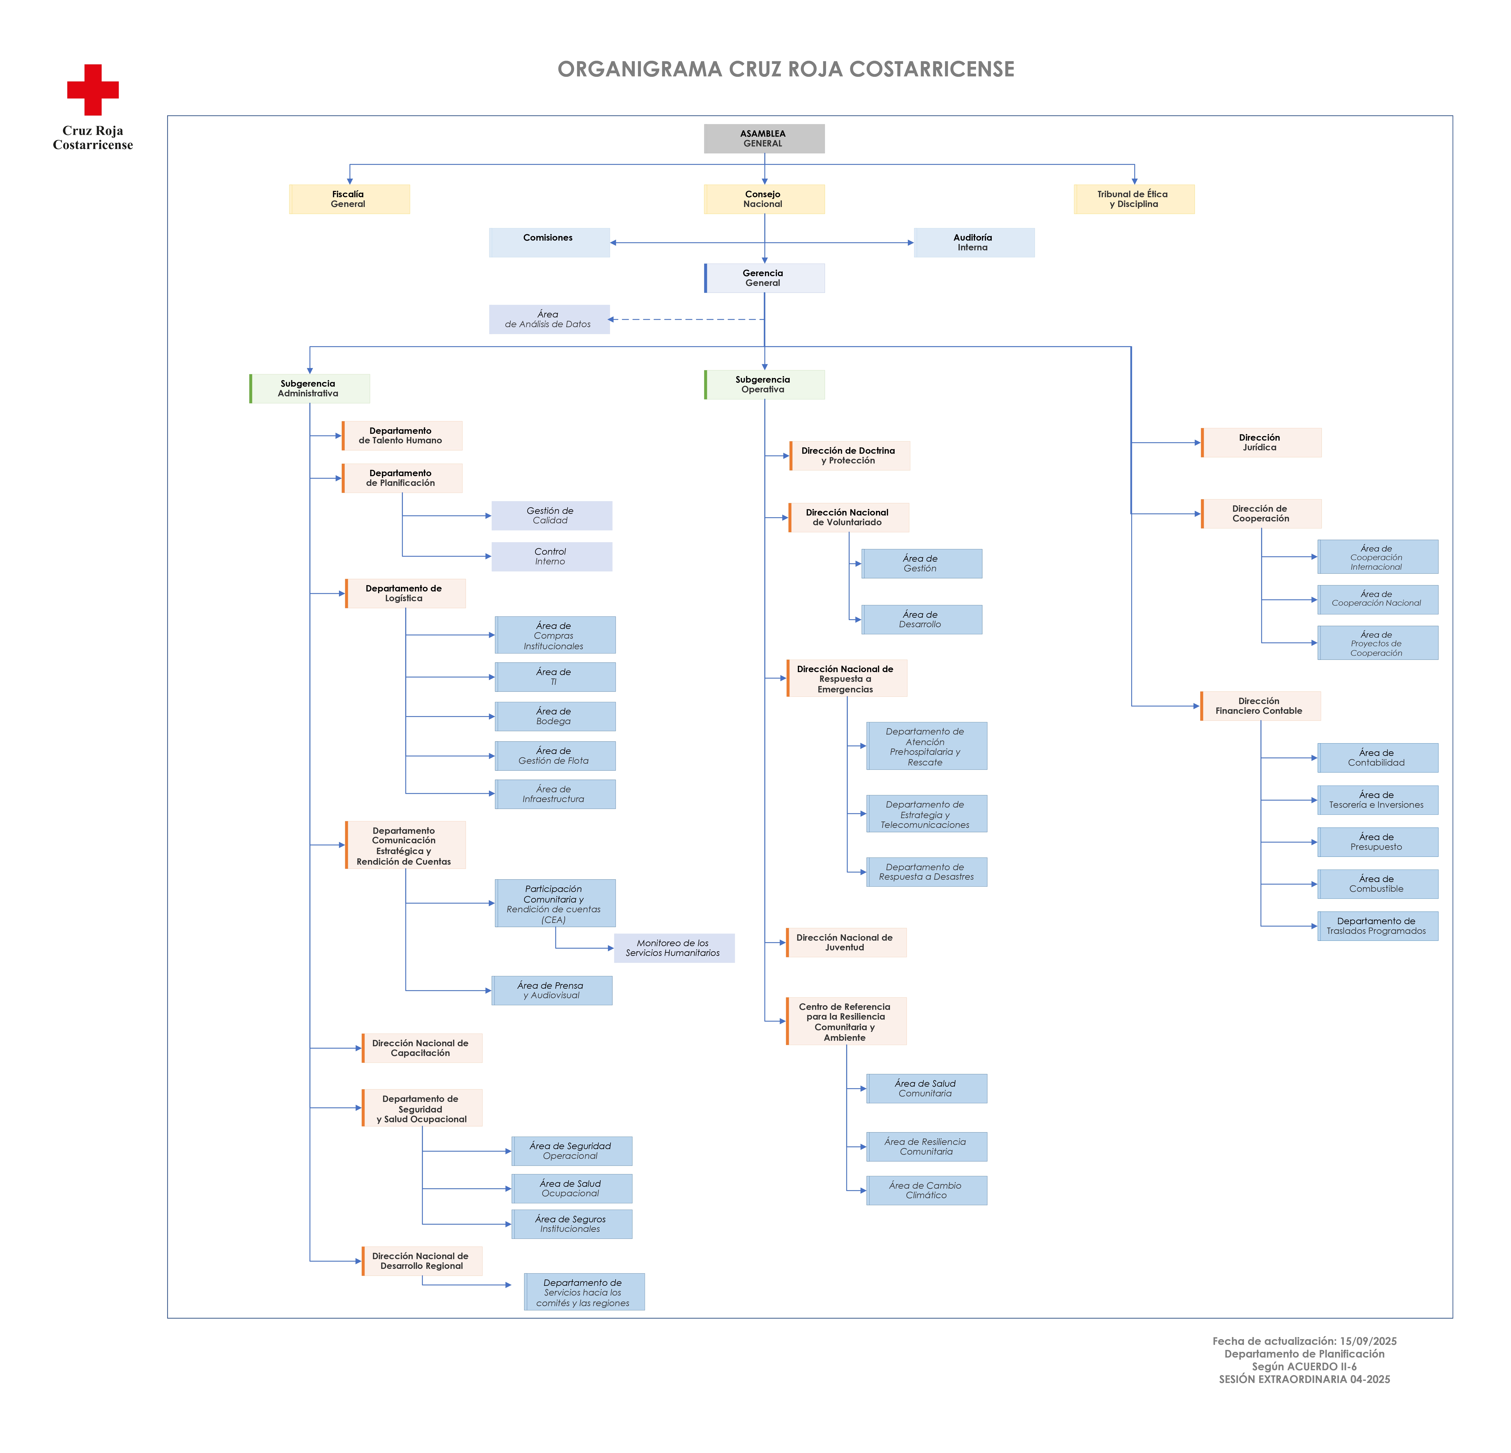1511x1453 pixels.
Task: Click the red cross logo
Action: tap(92, 90)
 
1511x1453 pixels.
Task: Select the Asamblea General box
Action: tap(764, 139)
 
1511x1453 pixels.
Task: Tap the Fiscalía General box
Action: tap(349, 199)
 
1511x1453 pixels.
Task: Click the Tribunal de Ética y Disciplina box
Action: tap(1134, 199)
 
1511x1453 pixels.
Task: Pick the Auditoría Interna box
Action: tap(974, 242)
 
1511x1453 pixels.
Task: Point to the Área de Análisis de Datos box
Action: tap(549, 319)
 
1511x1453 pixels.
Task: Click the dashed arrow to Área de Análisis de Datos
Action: tap(686, 319)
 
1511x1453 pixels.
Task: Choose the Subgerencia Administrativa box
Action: tap(309, 389)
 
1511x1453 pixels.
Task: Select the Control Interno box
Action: tap(552, 557)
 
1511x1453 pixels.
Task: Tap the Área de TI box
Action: tap(555, 677)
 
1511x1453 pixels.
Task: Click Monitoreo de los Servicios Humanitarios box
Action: tap(675, 948)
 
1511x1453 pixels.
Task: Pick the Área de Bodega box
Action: tap(555, 716)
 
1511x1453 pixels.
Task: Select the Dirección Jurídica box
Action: tap(1261, 443)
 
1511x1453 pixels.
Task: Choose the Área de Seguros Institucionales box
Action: tap(572, 1224)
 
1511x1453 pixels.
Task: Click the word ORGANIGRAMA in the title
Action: tap(640, 69)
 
